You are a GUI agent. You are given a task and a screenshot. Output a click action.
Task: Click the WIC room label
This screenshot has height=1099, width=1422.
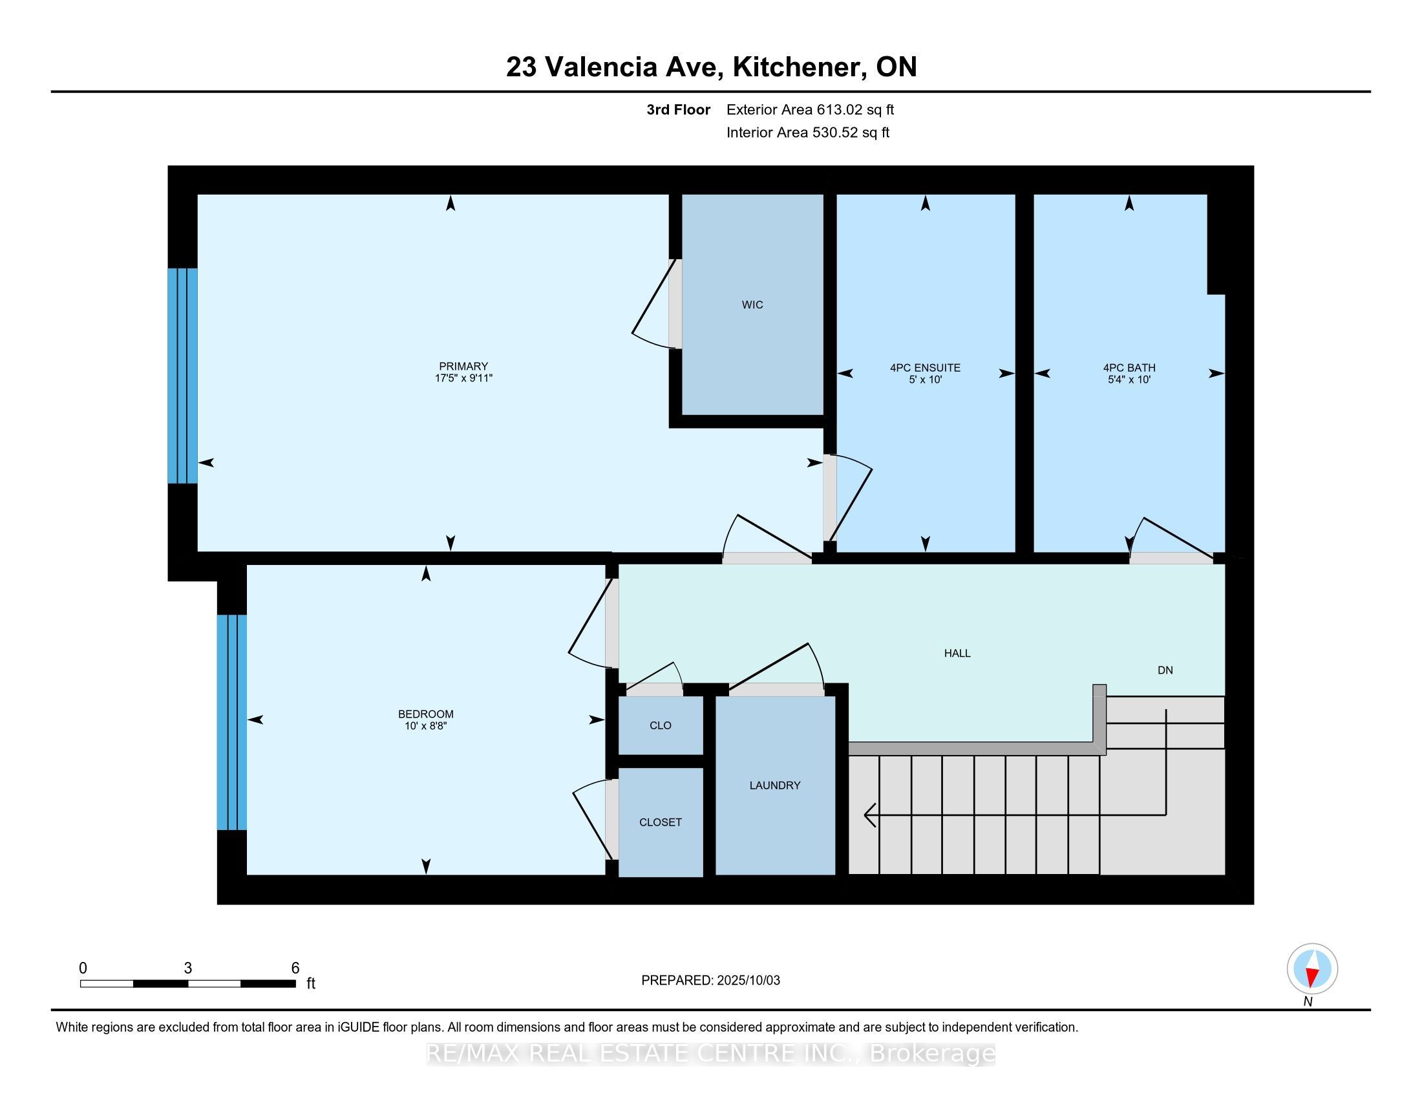point(752,304)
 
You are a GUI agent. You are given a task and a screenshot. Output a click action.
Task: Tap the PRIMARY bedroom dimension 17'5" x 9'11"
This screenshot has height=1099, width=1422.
point(463,378)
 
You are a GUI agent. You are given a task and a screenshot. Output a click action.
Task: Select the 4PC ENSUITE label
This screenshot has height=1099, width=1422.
point(925,368)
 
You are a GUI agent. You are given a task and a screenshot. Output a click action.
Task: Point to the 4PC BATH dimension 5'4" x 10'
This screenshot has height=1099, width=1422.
point(1129,379)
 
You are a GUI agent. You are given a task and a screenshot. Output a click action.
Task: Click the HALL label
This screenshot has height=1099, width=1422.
point(957,653)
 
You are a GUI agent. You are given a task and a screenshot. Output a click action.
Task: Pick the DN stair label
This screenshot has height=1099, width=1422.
point(1165,670)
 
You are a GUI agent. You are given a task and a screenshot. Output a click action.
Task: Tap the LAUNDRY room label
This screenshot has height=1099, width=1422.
point(775,785)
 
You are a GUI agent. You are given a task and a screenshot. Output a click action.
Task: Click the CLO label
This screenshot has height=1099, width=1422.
point(660,725)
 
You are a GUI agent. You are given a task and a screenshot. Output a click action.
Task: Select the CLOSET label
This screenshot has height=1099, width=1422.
point(660,822)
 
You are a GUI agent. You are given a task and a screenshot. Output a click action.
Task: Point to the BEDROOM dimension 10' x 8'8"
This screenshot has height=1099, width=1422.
point(426,726)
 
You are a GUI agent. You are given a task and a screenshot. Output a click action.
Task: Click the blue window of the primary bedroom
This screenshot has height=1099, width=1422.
point(182,376)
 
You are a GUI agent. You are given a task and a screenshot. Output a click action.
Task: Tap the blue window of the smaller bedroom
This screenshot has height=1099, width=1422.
point(232,722)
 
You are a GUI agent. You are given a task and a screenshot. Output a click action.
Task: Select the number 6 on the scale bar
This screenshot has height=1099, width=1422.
point(295,968)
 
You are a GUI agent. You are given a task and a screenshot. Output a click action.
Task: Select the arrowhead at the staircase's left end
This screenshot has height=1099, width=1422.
point(869,815)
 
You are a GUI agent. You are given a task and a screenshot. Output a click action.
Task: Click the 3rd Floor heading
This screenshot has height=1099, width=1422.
point(678,110)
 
